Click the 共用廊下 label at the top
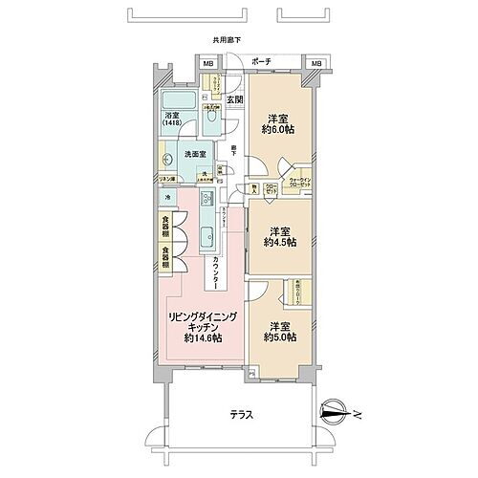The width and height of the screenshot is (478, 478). (x=228, y=41)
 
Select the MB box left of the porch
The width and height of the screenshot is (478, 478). (x=208, y=64)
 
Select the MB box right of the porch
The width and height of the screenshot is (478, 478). (x=315, y=64)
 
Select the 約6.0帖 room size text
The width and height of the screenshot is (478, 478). (x=280, y=132)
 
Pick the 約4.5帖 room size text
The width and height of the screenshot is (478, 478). (x=280, y=243)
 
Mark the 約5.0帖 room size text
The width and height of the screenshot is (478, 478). (x=280, y=337)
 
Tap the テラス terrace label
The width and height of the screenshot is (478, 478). (x=242, y=417)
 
